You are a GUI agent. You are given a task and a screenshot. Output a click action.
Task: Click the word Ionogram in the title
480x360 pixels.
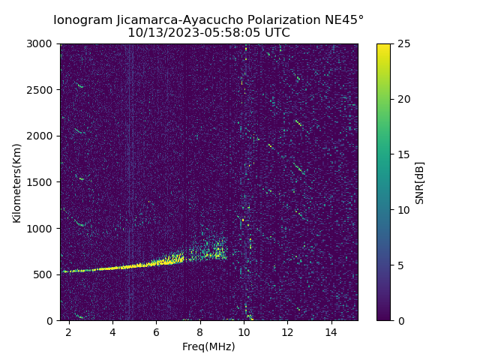(x=82, y=20)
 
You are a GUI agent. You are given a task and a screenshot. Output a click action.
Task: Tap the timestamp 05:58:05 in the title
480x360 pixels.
(x=223, y=33)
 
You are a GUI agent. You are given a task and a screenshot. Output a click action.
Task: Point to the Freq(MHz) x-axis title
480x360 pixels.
(x=208, y=346)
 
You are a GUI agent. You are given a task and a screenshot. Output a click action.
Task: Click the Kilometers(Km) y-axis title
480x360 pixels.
(x=17, y=182)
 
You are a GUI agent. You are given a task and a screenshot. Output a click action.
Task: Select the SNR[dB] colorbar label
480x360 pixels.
(x=420, y=182)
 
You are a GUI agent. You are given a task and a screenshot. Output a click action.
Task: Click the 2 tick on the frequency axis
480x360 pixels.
(x=69, y=331)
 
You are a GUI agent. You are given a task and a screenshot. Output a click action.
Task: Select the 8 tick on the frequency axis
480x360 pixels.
(x=200, y=331)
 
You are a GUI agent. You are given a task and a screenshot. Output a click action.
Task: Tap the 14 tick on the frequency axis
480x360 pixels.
(x=331, y=331)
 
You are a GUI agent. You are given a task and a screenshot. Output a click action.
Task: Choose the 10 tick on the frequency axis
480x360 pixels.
(x=244, y=331)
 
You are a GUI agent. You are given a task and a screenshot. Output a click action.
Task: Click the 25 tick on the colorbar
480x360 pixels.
(x=403, y=43)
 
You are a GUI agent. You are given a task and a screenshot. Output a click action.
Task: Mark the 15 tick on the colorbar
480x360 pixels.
(x=403, y=154)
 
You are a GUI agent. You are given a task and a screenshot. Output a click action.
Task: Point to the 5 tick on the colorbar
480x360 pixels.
(x=400, y=265)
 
